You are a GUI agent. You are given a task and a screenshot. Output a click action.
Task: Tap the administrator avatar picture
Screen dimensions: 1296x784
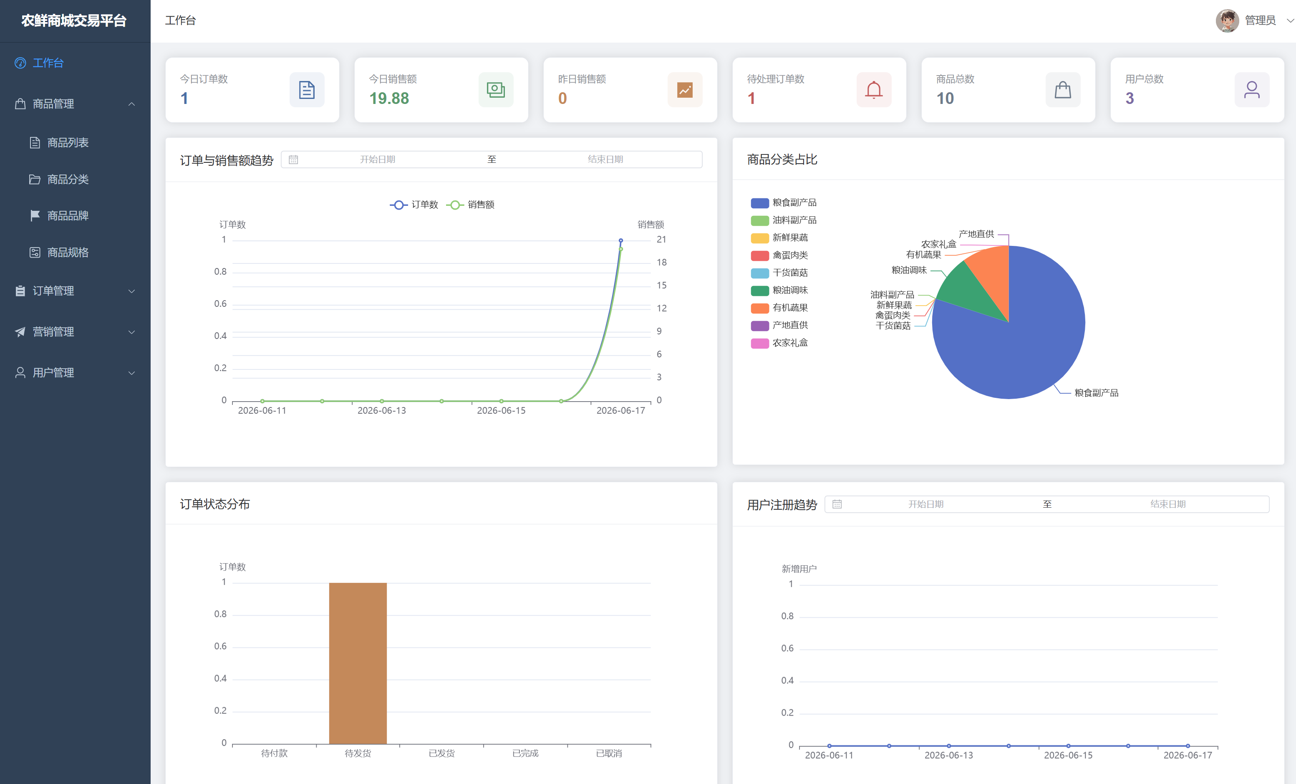[1227, 20]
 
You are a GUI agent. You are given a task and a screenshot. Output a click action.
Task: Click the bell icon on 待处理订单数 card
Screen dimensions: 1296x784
[874, 90]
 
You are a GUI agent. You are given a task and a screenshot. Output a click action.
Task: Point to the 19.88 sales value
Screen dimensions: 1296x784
[389, 99]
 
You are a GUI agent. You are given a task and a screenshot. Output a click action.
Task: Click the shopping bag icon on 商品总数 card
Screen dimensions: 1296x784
[1062, 90]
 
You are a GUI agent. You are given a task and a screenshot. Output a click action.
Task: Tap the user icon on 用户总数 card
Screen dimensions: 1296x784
[1251, 90]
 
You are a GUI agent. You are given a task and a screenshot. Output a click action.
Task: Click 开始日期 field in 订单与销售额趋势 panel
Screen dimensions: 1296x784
[377, 159]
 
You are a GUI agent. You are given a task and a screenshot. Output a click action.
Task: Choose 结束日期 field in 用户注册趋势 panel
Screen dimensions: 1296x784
[1167, 504]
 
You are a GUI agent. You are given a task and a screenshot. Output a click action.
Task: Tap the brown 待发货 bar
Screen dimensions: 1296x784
[358, 663]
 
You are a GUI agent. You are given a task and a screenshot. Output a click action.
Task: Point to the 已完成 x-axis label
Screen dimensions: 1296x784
[525, 754]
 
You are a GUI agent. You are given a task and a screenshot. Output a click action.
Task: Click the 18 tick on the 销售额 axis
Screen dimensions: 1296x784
[661, 263]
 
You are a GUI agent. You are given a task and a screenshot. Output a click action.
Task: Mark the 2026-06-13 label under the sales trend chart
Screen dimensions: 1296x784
[381, 410]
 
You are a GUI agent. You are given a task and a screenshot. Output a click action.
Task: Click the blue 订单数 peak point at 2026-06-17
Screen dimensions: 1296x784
[620, 240]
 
